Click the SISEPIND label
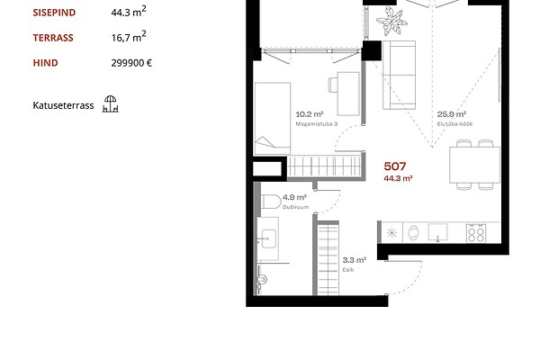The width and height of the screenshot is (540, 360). click(x=54, y=13)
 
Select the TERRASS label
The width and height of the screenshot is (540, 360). click(x=53, y=38)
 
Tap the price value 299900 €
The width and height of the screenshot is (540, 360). click(x=131, y=63)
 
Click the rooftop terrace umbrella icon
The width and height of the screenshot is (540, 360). click(x=110, y=104)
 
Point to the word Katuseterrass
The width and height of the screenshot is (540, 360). click(x=63, y=105)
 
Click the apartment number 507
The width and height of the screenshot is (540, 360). click(x=395, y=166)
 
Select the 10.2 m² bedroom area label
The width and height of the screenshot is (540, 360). click(x=310, y=114)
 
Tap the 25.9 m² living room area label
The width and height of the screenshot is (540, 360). click(x=452, y=114)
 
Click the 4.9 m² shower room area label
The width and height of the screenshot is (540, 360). click(x=294, y=197)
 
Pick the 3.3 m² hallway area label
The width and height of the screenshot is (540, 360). click(x=355, y=260)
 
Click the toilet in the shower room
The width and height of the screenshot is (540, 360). click(x=271, y=202)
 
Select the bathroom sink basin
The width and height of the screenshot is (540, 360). click(x=268, y=238)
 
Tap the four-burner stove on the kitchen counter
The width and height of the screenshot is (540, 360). click(x=476, y=233)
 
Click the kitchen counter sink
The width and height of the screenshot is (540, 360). click(x=437, y=232)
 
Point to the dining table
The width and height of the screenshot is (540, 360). click(x=474, y=165)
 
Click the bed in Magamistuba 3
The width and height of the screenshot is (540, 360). click(x=273, y=119)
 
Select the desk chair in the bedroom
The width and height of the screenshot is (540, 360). click(x=333, y=85)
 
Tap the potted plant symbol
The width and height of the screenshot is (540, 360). click(x=391, y=22)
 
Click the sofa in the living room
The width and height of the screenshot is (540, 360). click(x=399, y=75)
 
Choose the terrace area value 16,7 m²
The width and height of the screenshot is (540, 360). click(x=129, y=36)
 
